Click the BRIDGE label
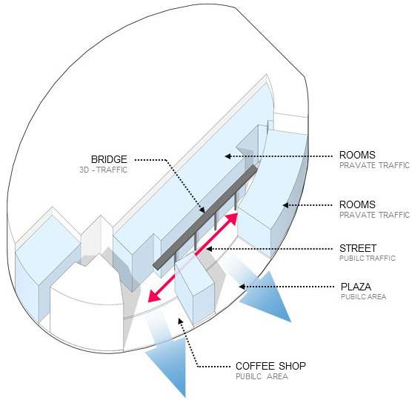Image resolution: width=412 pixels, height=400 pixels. pos(109,159)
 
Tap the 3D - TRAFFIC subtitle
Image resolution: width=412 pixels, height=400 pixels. pos(104,170)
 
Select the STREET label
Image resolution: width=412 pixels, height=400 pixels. pos(358,248)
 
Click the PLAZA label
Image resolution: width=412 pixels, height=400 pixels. pos(356,287)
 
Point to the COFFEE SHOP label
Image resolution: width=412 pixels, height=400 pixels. pos(270,366)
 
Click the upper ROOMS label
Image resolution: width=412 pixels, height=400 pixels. pos(357,155)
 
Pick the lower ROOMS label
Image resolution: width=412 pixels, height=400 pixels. pos(357,204)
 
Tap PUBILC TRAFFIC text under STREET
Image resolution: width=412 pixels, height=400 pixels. pos(368,259)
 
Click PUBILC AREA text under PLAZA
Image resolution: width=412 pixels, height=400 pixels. pos(363,297)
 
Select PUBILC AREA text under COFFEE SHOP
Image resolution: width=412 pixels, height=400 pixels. pos(262,376)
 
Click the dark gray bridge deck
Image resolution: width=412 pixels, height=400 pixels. pos(205,217)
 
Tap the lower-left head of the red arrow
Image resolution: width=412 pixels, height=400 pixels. pos(153,296)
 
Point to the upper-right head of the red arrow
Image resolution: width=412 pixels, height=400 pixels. pos(232,219)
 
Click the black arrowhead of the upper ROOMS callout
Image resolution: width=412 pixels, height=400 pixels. pos(227,156)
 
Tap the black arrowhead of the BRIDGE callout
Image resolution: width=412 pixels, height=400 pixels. pos(202,210)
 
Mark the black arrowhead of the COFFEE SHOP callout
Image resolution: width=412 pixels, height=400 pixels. pos(180,321)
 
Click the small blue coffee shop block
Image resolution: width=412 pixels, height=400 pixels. pos(194,288)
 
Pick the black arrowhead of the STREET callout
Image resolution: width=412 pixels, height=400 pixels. pos(209,249)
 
